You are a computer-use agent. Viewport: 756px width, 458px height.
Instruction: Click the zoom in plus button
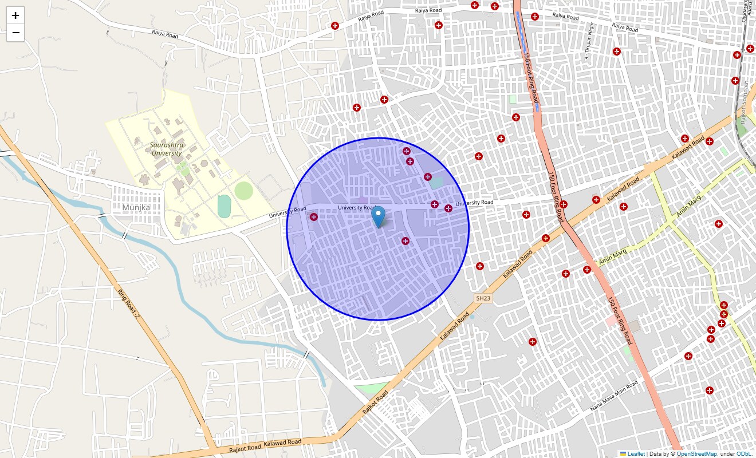coord(15,15)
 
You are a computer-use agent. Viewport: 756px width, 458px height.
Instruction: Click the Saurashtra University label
coord(167,149)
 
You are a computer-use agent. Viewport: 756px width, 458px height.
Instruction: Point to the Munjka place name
coord(136,207)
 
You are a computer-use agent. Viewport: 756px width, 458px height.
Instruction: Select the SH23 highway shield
coord(483,298)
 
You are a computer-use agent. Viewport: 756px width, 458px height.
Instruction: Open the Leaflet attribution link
coord(636,453)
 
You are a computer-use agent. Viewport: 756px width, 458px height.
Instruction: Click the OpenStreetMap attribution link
coord(696,453)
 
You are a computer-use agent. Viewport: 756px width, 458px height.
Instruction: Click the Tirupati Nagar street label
coord(589,41)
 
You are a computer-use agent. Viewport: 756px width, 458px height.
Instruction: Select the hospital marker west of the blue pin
coord(314,216)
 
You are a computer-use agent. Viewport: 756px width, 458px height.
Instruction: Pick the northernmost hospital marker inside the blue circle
coord(407,151)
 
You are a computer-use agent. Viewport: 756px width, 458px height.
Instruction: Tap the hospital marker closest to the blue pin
coord(405,241)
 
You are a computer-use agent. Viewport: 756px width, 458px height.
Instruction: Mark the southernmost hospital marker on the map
coord(710,390)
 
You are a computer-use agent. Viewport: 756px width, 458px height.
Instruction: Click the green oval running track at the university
coord(225,206)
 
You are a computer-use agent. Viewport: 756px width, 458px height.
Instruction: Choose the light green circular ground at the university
coord(243,190)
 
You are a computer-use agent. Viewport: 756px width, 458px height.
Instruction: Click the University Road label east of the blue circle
coord(474,203)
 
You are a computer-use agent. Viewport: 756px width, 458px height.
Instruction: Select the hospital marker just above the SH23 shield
coord(480,266)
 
